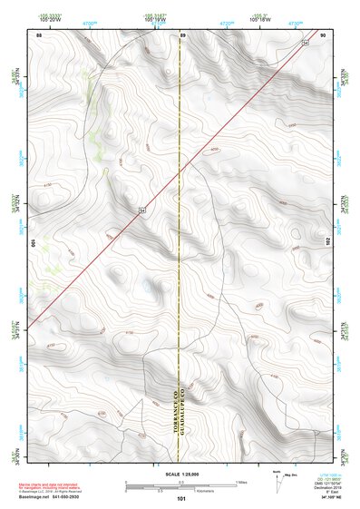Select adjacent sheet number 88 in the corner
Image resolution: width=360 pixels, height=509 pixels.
(x=39, y=34)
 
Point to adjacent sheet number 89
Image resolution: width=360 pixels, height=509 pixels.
(x=181, y=34)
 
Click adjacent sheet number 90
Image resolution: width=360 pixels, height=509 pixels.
(x=323, y=34)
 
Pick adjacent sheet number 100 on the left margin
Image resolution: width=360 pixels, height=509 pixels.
(x=32, y=243)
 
